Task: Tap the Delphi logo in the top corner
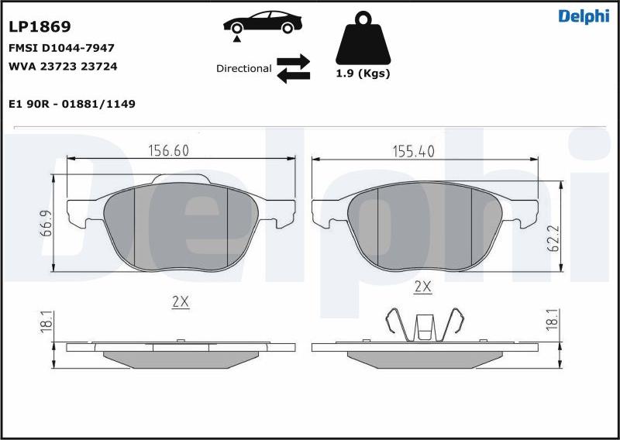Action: pos(584,17)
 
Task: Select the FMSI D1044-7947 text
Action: pos(61,48)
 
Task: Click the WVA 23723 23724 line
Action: pos(63,67)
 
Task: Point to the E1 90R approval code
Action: pos(72,104)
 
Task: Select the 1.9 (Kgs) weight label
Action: pos(363,74)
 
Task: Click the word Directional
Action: pos(244,68)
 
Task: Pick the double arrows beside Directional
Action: pos(293,68)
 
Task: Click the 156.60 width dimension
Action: pos(168,151)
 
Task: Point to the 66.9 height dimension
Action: pos(46,223)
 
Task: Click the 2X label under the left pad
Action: pos(180,302)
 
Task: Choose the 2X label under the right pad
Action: pos(422,287)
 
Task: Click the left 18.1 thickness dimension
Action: pos(46,323)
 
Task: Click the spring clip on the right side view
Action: pos(424,325)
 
